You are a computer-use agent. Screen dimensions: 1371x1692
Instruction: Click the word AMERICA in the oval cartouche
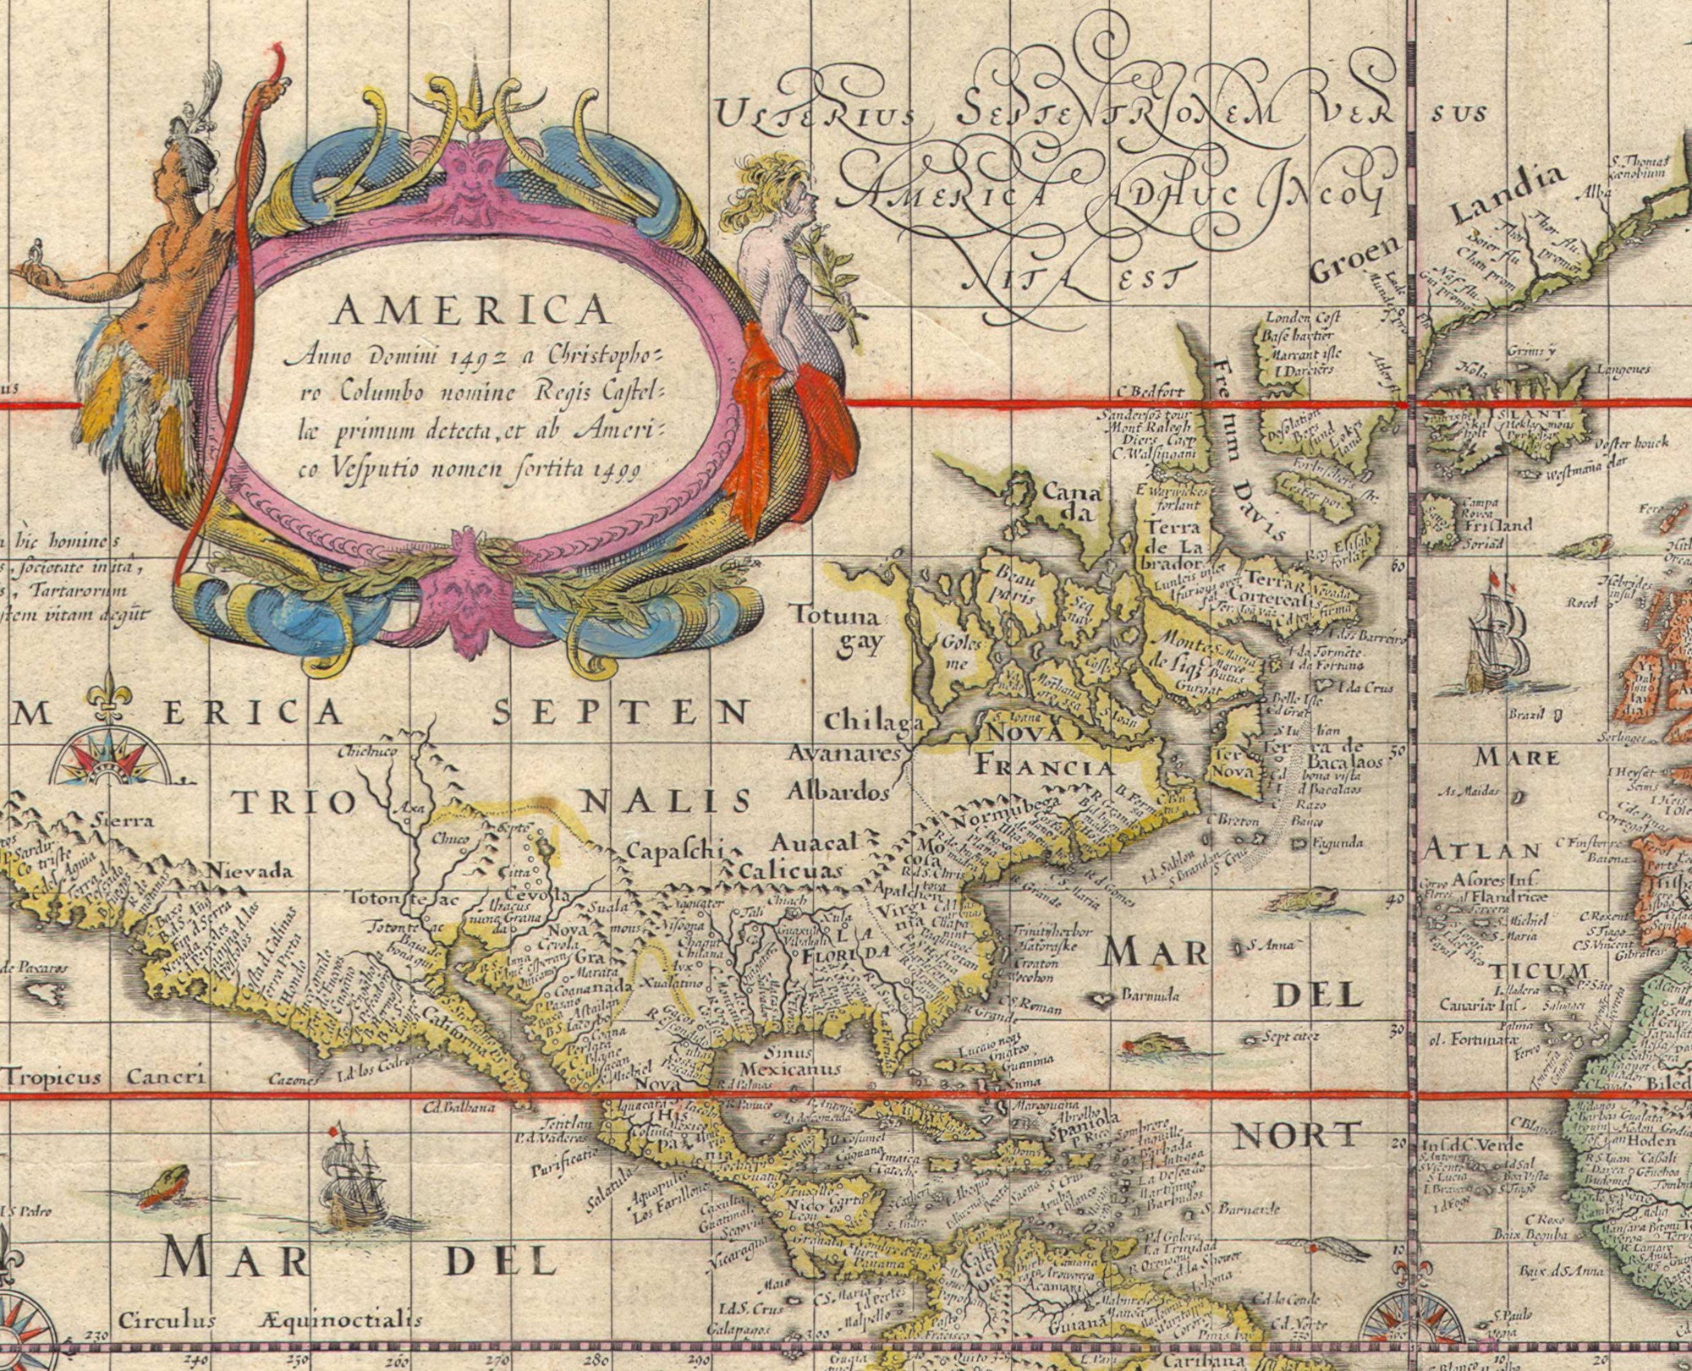[471, 311]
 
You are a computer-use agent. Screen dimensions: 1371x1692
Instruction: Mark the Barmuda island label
[1149, 995]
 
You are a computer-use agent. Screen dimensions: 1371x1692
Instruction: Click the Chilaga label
[871, 721]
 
